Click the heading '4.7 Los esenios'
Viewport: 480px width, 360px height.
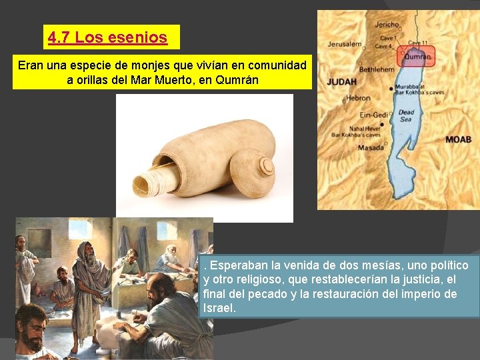click(107, 37)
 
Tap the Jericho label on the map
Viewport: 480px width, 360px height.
click(387, 25)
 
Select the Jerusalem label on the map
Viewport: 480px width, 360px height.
click(344, 45)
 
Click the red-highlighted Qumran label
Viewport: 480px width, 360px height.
click(417, 57)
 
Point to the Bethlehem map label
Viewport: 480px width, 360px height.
click(377, 69)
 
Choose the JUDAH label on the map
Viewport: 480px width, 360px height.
click(341, 82)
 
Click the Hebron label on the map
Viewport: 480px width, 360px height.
click(358, 99)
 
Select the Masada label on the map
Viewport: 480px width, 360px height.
click(371, 147)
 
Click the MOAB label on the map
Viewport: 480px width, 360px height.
click(459, 139)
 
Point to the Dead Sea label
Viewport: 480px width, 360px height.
click(406, 116)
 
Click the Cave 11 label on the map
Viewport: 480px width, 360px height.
click(418, 43)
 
